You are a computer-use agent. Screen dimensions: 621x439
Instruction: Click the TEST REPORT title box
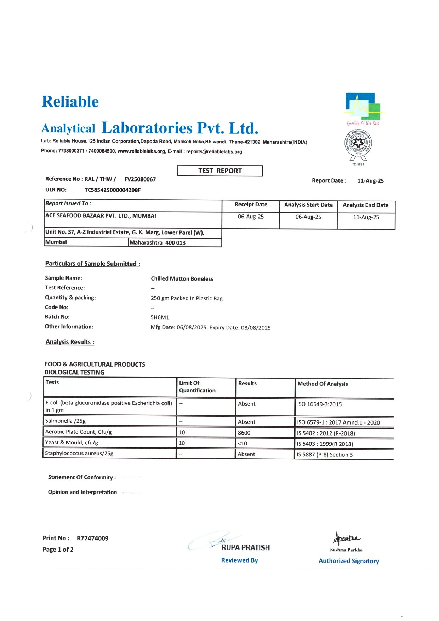220,171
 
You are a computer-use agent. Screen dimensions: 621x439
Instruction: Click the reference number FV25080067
140,179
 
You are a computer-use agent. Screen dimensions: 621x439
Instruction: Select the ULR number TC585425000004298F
113,190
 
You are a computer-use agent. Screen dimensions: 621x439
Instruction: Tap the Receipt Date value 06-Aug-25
251,217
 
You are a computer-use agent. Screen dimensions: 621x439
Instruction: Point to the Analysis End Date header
365,205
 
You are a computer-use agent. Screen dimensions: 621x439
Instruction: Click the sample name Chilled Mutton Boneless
182,279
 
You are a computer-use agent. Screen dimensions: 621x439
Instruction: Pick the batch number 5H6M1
160,317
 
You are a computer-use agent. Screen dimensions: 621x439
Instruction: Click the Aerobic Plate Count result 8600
244,432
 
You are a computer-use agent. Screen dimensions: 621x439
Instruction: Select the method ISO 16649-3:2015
319,404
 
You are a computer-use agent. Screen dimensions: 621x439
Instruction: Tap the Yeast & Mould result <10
243,443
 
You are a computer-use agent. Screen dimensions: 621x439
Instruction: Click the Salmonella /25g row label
65,421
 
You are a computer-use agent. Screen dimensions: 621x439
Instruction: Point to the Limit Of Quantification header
197,386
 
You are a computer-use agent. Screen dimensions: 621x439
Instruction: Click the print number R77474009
92,538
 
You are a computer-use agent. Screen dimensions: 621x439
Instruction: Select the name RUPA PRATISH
245,547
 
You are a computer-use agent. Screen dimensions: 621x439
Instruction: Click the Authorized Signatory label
349,561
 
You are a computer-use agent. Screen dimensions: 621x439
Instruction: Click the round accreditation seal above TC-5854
358,144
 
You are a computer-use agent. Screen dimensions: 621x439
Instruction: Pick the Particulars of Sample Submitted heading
92,264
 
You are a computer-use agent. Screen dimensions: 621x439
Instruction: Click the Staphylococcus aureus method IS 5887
325,455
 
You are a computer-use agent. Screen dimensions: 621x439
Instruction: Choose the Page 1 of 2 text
58,550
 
